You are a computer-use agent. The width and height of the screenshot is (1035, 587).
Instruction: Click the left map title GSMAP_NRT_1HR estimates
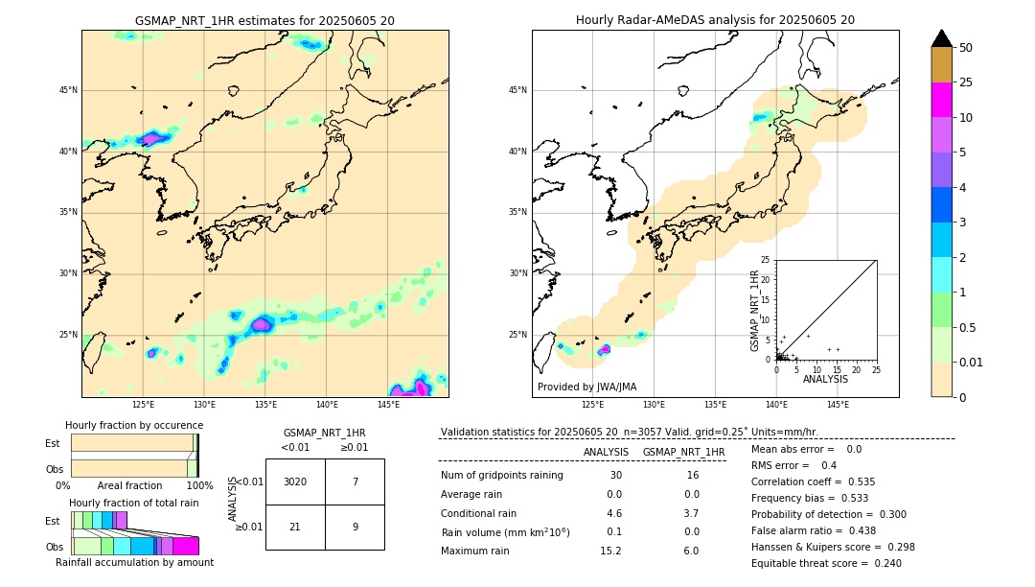[x=264, y=20]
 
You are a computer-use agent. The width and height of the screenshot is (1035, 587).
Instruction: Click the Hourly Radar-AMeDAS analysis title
[x=715, y=20]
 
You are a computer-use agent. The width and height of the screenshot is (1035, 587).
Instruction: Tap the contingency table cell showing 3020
[x=295, y=481]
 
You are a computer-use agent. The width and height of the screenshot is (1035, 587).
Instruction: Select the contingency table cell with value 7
[x=355, y=481]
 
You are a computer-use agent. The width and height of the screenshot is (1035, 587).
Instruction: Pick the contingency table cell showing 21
[x=295, y=527]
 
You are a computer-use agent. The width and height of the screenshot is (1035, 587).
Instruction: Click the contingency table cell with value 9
[x=355, y=527]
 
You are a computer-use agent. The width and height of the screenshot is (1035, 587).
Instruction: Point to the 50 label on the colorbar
[x=966, y=47]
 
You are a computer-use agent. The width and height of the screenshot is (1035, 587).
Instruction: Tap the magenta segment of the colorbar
[x=941, y=100]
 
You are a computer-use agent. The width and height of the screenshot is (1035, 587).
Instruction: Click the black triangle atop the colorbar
[x=941, y=38]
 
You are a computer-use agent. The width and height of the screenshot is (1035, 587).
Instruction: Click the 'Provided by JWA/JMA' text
[x=586, y=387]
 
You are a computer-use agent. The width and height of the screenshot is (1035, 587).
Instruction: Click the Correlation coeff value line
[x=813, y=481]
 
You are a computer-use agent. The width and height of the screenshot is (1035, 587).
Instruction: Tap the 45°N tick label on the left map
[x=68, y=90]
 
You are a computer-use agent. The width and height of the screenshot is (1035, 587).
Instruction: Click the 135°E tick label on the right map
[x=715, y=405]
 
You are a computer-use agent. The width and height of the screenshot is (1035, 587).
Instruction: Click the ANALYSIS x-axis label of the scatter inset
[x=825, y=380]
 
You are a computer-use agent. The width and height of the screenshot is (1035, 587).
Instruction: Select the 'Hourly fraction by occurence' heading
[x=134, y=425]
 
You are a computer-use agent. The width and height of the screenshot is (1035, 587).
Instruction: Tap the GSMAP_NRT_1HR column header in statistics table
[x=683, y=452]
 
